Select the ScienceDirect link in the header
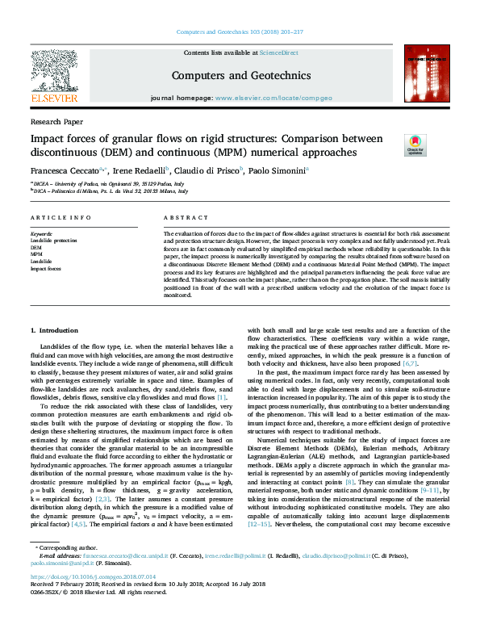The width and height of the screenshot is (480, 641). click(278, 52)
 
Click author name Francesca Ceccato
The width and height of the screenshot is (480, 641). click(66, 170)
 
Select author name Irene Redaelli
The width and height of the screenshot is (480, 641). click(140, 170)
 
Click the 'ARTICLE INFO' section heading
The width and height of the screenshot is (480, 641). click(61, 218)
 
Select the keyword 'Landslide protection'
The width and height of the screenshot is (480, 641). click(53, 241)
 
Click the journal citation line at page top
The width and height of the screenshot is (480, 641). click(240, 31)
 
